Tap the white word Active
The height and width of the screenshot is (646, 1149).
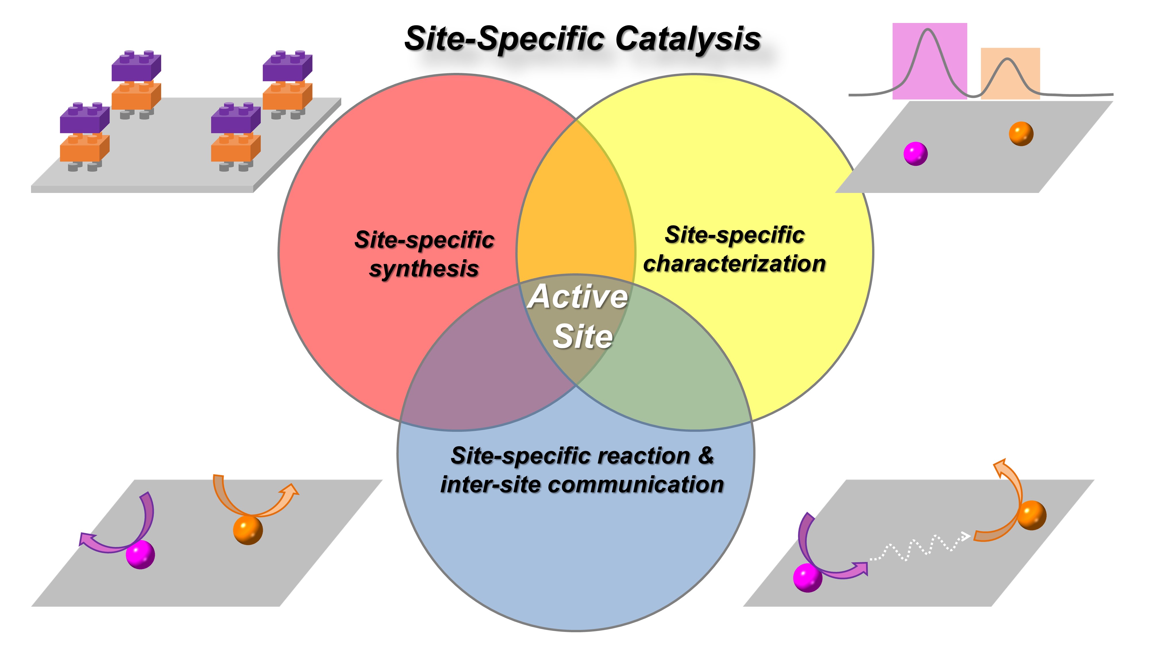(578, 297)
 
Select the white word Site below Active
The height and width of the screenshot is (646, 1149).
(583, 336)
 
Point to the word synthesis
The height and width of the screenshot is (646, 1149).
(424, 269)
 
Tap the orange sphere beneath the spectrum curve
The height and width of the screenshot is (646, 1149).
(1021, 134)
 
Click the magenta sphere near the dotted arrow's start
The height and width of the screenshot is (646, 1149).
(807, 577)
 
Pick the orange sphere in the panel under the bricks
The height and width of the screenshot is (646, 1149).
(248, 530)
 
